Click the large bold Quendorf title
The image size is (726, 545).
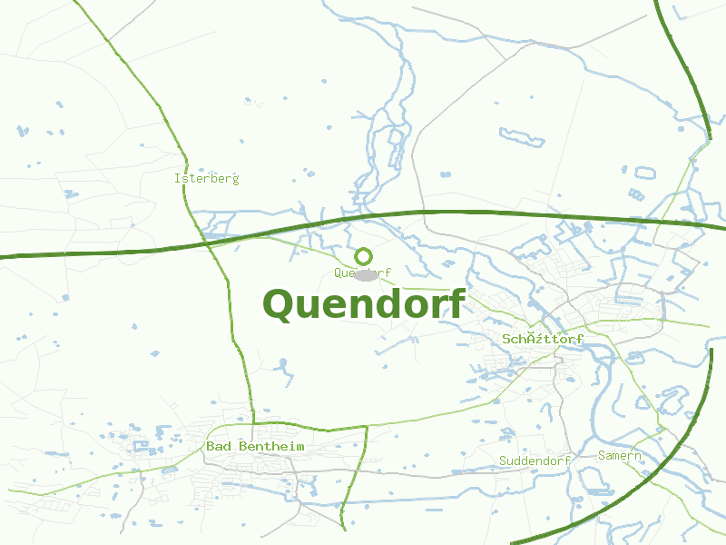364,303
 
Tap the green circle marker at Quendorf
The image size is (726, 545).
364,256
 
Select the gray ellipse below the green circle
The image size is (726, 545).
366,274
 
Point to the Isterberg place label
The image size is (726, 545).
207,179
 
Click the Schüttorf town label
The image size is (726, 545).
543,340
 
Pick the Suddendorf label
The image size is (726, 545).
535,461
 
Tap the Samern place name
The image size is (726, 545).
620,456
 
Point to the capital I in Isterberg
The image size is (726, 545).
177,179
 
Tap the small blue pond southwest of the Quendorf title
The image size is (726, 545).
282,365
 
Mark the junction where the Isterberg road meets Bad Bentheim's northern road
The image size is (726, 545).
253,422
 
